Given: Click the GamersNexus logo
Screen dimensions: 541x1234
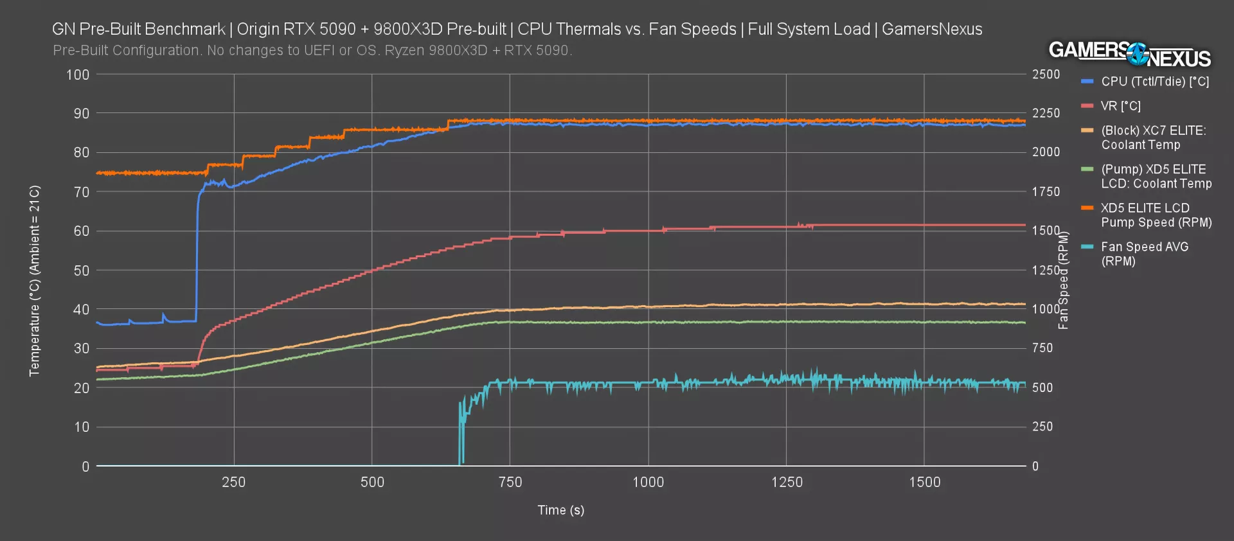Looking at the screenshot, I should pyautogui.click(x=1129, y=55).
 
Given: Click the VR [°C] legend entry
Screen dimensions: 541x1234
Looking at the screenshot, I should pyautogui.click(x=1120, y=106).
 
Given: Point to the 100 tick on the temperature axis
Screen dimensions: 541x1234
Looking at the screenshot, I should pyautogui.click(x=78, y=75).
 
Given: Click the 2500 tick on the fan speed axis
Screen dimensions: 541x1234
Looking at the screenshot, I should pyautogui.click(x=1046, y=75).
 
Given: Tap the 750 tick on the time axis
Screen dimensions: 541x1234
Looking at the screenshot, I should pyautogui.click(x=510, y=482).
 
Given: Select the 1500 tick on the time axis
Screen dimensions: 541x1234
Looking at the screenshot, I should pyautogui.click(x=924, y=482).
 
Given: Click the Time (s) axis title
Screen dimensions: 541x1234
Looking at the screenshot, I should pyautogui.click(x=560, y=510).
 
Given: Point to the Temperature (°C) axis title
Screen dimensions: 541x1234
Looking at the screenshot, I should pyautogui.click(x=35, y=281).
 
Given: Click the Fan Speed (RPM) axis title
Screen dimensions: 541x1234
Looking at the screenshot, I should pyautogui.click(x=1064, y=280).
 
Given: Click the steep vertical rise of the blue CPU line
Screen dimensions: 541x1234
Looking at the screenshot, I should pyautogui.click(x=197, y=257).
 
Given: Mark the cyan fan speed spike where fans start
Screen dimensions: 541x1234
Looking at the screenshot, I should pyautogui.click(x=461, y=430).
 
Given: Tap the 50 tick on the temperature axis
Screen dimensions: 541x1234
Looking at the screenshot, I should pyautogui.click(x=81, y=270).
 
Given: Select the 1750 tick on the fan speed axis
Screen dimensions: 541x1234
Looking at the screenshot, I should pyautogui.click(x=1046, y=191).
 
